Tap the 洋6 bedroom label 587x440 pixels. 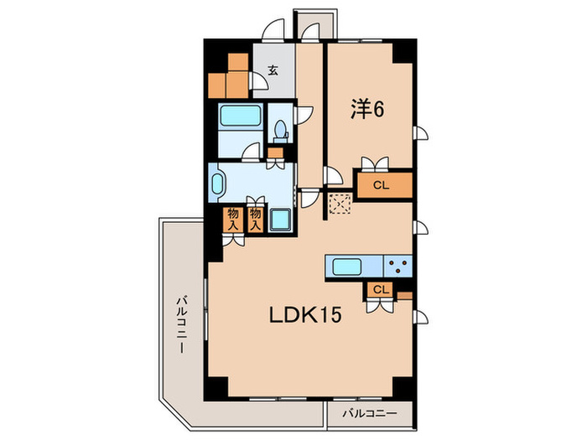click(366, 109)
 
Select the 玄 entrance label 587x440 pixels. click(273, 71)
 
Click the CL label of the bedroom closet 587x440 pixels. click(380, 184)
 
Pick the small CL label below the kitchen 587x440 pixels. click(380, 289)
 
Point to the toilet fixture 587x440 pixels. click(280, 130)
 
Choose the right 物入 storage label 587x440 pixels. click(256, 219)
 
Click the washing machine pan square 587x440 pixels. click(280, 220)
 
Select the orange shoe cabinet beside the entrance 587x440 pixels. click(229, 76)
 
